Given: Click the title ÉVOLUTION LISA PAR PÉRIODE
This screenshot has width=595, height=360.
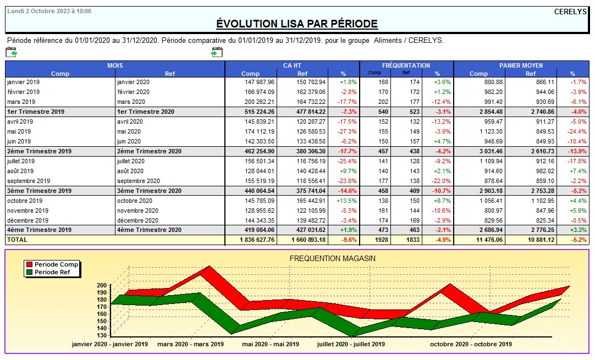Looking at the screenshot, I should [x=297, y=24].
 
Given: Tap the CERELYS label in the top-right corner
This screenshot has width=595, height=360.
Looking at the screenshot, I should [x=570, y=12].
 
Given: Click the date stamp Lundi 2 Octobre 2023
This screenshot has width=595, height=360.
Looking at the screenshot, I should [x=49, y=11].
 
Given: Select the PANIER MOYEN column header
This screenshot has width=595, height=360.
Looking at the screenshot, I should [x=521, y=65].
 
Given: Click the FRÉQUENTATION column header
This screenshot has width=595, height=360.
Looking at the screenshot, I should [x=406, y=65].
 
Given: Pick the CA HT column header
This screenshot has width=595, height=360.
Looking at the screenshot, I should [x=292, y=65].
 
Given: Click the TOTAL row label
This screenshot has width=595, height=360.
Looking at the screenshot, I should [x=17, y=240].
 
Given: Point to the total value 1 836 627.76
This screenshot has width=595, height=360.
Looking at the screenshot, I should [x=257, y=240].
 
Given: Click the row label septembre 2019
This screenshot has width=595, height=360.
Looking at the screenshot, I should [x=29, y=181].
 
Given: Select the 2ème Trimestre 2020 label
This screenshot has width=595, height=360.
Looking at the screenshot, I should [x=149, y=151].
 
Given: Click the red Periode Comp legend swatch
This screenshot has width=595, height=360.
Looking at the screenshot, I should [x=29, y=264].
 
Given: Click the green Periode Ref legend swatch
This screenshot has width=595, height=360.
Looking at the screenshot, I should [x=29, y=272].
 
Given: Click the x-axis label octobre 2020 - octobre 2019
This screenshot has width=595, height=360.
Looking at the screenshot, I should [x=471, y=344].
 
